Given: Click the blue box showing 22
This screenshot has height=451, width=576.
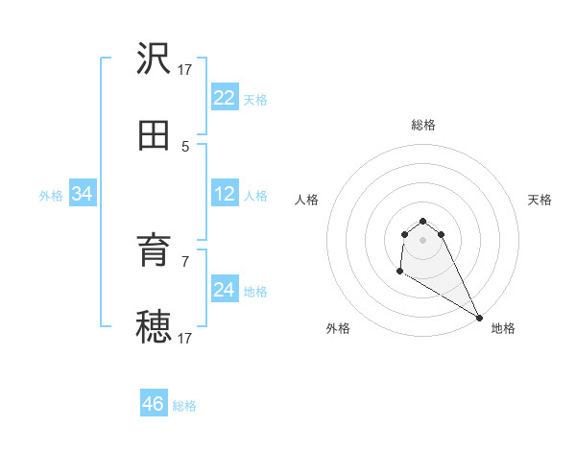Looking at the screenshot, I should [225, 98].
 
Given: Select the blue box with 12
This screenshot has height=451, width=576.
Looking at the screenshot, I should [225, 195].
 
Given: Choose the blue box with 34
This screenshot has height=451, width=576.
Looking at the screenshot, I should [83, 195].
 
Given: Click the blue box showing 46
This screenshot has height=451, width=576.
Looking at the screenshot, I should [154, 404].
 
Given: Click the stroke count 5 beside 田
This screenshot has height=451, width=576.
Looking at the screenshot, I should [185, 146].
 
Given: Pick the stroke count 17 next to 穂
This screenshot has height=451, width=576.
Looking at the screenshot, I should [185, 338].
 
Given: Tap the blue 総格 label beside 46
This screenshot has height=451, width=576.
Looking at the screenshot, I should [184, 406].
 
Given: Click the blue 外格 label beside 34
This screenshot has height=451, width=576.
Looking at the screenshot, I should [51, 196].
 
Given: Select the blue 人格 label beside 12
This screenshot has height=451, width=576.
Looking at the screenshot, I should [255, 196].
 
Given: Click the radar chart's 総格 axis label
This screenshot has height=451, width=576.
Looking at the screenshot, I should [423, 125].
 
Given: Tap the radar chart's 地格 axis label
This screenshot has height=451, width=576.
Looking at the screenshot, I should [503, 328].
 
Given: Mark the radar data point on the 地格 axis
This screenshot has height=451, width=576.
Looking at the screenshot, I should [479, 318].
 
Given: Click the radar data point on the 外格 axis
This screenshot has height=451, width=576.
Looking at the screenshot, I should [399, 273].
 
